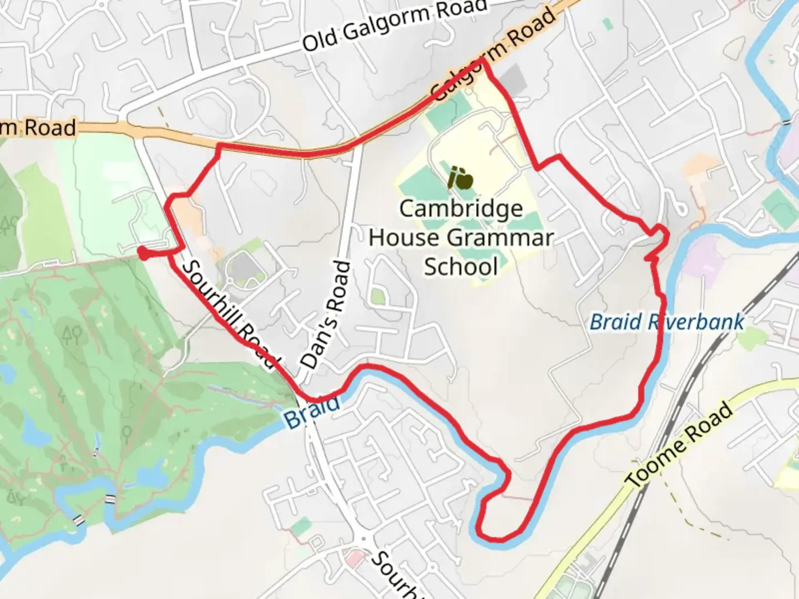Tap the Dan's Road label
pos(327,315)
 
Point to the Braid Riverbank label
pos(666,322)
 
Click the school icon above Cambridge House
pos(461,177)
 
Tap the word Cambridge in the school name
pos(461,209)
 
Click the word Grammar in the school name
pos(503,238)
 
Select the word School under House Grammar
pos(461,267)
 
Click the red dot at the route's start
pos(143,253)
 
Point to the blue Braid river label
pos(312,411)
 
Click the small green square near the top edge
pos(608,24)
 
